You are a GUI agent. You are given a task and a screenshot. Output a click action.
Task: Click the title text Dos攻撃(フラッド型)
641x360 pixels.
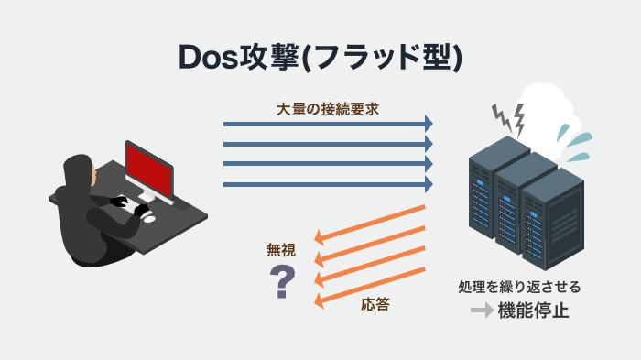pyautogui.click(x=320, y=57)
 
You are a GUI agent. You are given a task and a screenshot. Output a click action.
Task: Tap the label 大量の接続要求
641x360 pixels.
pyautogui.click(x=328, y=107)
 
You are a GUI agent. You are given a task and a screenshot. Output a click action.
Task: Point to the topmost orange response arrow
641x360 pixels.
pyautogui.click(x=370, y=223)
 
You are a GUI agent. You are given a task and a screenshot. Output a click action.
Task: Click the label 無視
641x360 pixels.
pyautogui.click(x=281, y=249)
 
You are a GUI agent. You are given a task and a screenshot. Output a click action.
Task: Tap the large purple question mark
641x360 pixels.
pyautogui.click(x=282, y=282)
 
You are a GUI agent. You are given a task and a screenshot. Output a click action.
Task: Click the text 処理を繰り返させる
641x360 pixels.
pyautogui.click(x=519, y=287)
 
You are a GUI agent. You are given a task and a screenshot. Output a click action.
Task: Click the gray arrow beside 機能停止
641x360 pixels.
pyautogui.click(x=482, y=311)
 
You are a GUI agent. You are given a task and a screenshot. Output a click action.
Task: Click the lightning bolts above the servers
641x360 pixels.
pyautogui.click(x=508, y=116)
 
